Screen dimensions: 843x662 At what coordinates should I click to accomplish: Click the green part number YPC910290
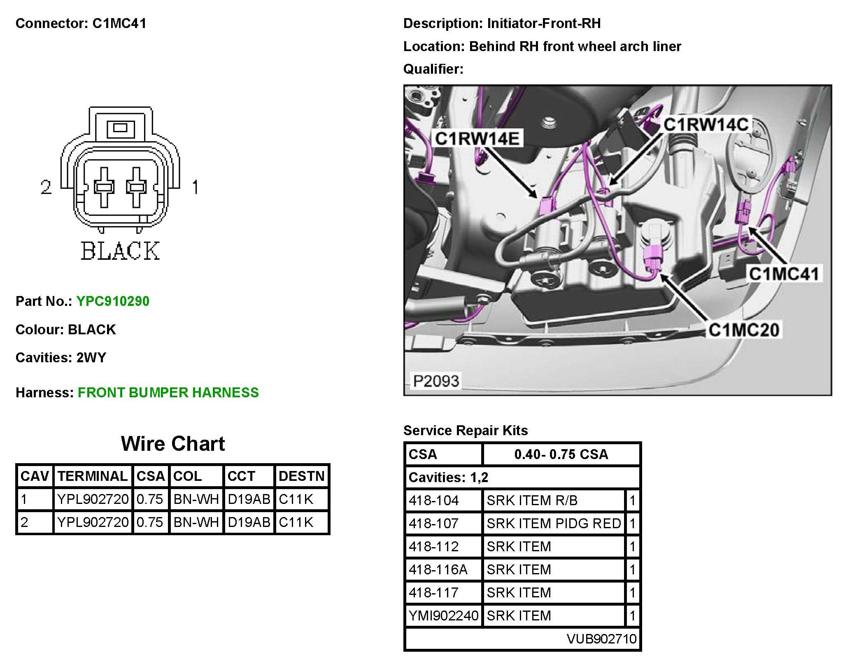pyautogui.click(x=113, y=301)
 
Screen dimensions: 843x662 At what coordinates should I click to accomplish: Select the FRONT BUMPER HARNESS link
pyautogui.click(x=168, y=392)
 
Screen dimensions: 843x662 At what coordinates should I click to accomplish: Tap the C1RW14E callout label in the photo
pyautogui.click(x=477, y=139)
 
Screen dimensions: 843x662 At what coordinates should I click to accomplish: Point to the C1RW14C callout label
pyautogui.click(x=706, y=124)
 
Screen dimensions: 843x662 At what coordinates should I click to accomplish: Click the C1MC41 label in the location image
pyautogui.click(x=783, y=274)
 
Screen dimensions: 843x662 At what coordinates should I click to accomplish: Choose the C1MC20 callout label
pyautogui.click(x=744, y=330)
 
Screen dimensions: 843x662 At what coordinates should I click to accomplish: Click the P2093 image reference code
pyautogui.click(x=435, y=381)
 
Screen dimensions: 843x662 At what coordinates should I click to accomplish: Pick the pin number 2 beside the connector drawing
pyautogui.click(x=46, y=187)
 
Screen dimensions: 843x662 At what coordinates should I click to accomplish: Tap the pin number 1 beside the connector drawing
pyautogui.click(x=196, y=187)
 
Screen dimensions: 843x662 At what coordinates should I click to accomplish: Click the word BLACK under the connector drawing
pyautogui.click(x=120, y=251)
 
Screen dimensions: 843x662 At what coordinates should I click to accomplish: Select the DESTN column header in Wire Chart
pyautogui.click(x=301, y=476)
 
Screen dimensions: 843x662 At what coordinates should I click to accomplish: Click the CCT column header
pyautogui.click(x=241, y=476)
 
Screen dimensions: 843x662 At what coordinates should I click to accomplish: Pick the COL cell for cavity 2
pyautogui.click(x=196, y=522)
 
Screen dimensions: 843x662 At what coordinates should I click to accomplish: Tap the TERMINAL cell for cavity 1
pyautogui.click(x=93, y=499)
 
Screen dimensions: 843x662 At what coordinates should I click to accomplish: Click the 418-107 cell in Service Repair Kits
pyautogui.click(x=434, y=523)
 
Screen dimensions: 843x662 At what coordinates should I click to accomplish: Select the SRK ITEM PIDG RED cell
pyautogui.click(x=554, y=523)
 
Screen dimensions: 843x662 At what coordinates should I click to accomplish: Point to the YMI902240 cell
pyautogui.click(x=443, y=615)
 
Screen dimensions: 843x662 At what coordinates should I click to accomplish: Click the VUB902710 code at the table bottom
pyautogui.click(x=601, y=639)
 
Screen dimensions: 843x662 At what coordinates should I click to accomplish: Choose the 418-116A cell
pyautogui.click(x=438, y=569)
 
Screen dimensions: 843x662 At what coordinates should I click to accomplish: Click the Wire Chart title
pyautogui.click(x=173, y=444)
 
